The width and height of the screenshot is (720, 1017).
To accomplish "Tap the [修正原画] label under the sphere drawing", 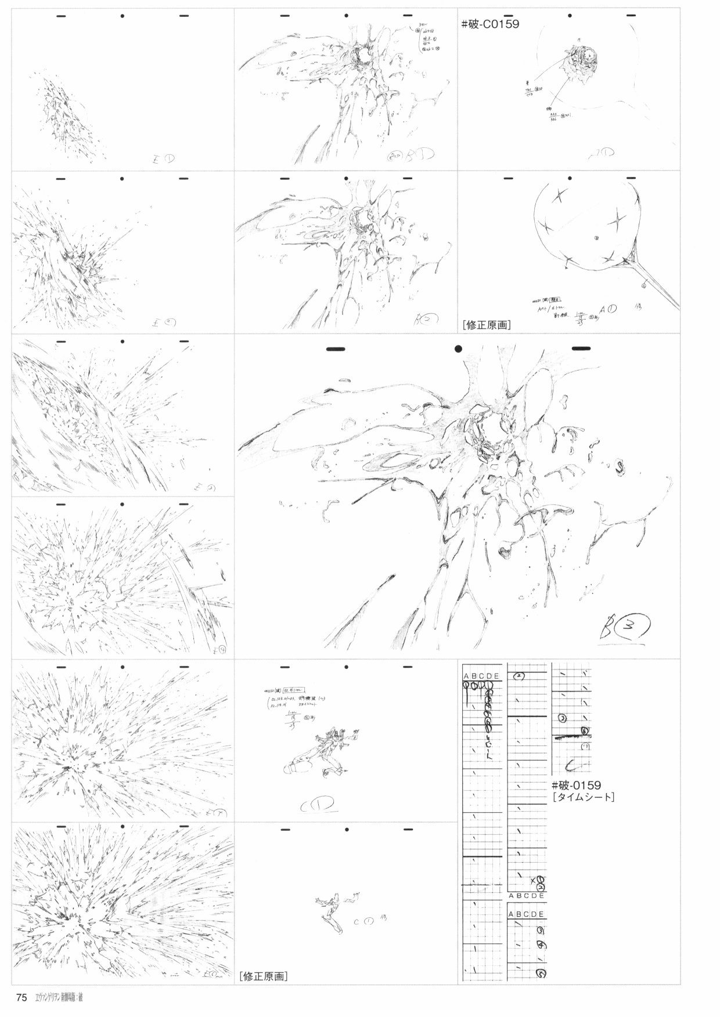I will tap(487, 325).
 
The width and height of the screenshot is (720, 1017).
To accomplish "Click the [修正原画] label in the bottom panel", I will tap(263, 976).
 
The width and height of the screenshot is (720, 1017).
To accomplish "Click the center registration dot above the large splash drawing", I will tap(458, 349).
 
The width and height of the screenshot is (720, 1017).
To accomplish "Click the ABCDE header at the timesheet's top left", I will tap(480, 676).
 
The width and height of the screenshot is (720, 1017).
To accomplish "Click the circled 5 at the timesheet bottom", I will tap(541, 973).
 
